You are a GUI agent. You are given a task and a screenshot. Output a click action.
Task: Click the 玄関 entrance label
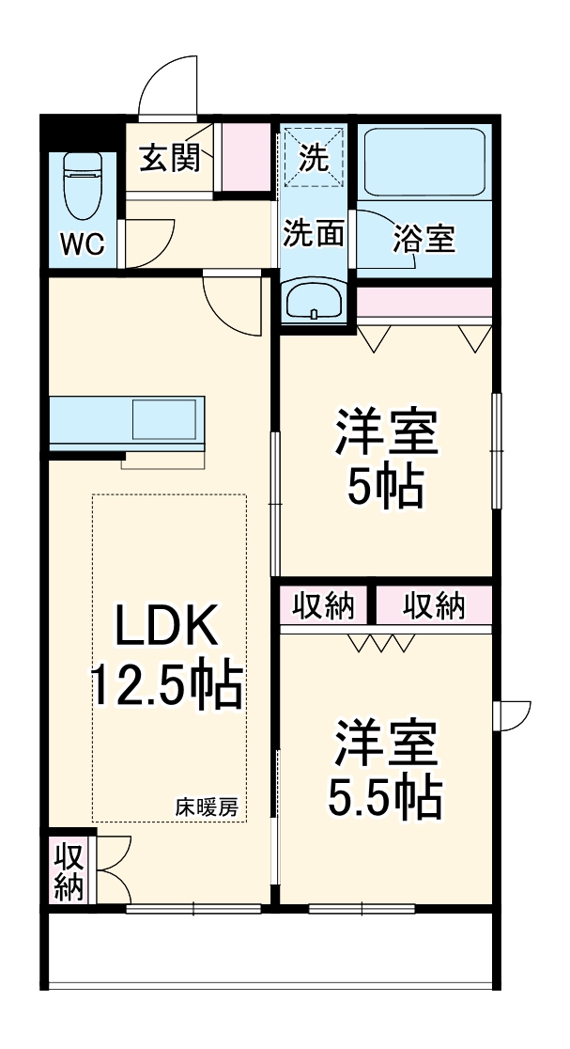pos(170,158)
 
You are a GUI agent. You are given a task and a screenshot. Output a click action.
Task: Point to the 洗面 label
pos(314,233)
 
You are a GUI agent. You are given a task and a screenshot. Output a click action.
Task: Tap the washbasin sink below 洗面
pos(314,302)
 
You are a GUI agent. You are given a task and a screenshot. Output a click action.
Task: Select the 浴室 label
pos(424,240)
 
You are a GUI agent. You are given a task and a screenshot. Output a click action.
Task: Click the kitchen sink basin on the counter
pos(166,418)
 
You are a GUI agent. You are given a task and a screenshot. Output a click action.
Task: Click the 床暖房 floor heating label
pos(206,806)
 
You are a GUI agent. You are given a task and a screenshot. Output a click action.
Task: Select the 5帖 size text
pos(385,486)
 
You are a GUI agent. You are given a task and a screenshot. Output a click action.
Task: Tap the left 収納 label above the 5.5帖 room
pos(323,607)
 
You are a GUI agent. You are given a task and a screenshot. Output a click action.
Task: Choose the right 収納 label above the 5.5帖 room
pos(434,607)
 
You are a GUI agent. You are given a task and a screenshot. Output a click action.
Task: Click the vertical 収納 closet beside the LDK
pos(69,871)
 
